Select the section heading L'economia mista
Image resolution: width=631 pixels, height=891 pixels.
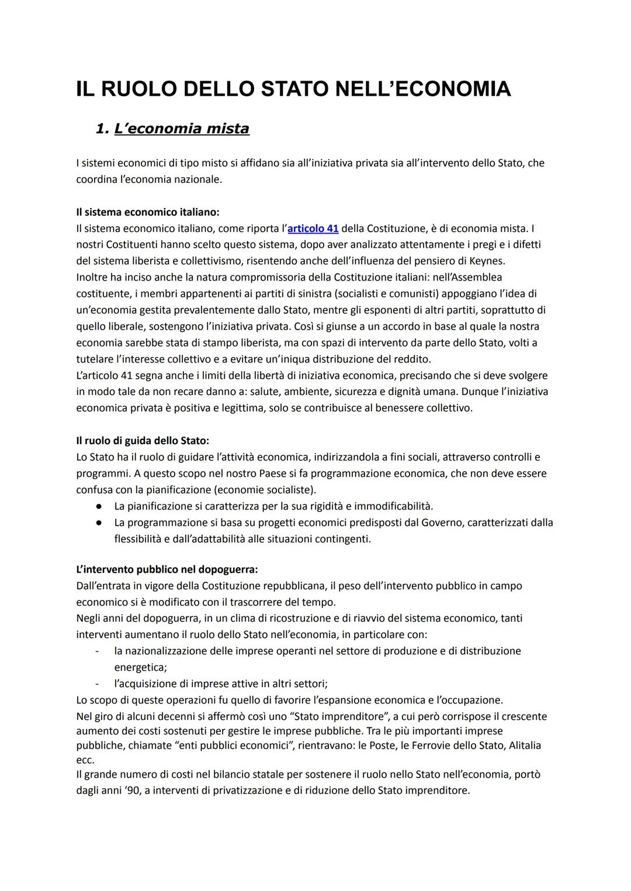[182, 129]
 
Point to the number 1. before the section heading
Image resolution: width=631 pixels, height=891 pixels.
[102, 129]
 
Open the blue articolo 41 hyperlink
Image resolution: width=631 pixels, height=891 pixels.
[313, 228]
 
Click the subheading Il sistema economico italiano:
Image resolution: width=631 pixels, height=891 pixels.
[148, 212]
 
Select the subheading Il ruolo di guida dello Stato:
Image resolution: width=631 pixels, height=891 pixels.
[143, 441]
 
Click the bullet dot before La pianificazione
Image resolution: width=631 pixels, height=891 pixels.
[100, 506]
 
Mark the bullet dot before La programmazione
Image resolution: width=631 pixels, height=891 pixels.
[100, 522]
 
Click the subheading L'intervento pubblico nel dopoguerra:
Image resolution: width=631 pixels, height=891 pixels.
[167, 569]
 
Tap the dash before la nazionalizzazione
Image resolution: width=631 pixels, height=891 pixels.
[98, 651]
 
